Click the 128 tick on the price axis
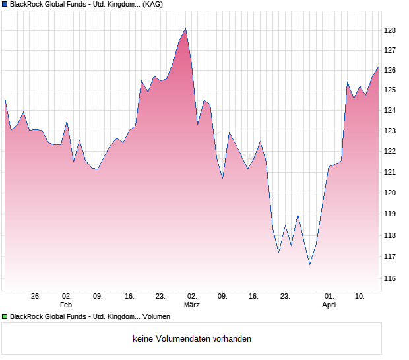click(x=390, y=30)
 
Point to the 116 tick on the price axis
click(x=390, y=279)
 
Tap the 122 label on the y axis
click(x=390, y=151)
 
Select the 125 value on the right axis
click(x=390, y=90)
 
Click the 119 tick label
click(x=390, y=214)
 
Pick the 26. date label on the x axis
click(x=36, y=297)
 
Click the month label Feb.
click(x=67, y=305)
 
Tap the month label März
click(x=191, y=305)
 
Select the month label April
click(x=329, y=305)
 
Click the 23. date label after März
click(x=285, y=297)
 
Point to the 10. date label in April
click(x=360, y=297)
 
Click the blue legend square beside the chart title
click(x=5, y=4)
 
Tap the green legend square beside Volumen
click(x=5, y=317)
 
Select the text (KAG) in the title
click(x=153, y=4)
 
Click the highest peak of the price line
click(x=185, y=28)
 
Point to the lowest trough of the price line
click(x=309, y=264)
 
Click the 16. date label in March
click(x=253, y=297)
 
